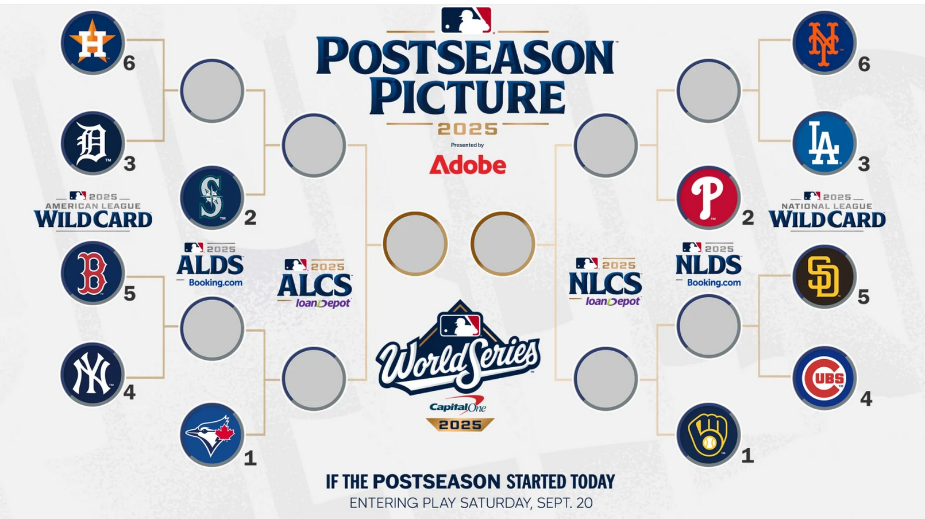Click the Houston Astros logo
93,43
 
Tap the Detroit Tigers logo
93,143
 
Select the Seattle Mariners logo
212,198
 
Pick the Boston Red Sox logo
93,273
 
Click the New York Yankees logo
93,374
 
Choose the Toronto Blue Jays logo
212,435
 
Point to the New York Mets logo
824,43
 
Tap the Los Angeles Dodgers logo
824,143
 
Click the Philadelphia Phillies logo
708,198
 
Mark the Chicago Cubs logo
824,378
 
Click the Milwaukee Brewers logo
708,435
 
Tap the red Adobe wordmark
468,165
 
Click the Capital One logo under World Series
457,405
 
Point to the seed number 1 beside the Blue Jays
250,458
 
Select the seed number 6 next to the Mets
864,64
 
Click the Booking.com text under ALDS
215,283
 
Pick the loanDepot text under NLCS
613,302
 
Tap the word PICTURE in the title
467,97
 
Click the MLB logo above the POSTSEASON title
467,20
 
